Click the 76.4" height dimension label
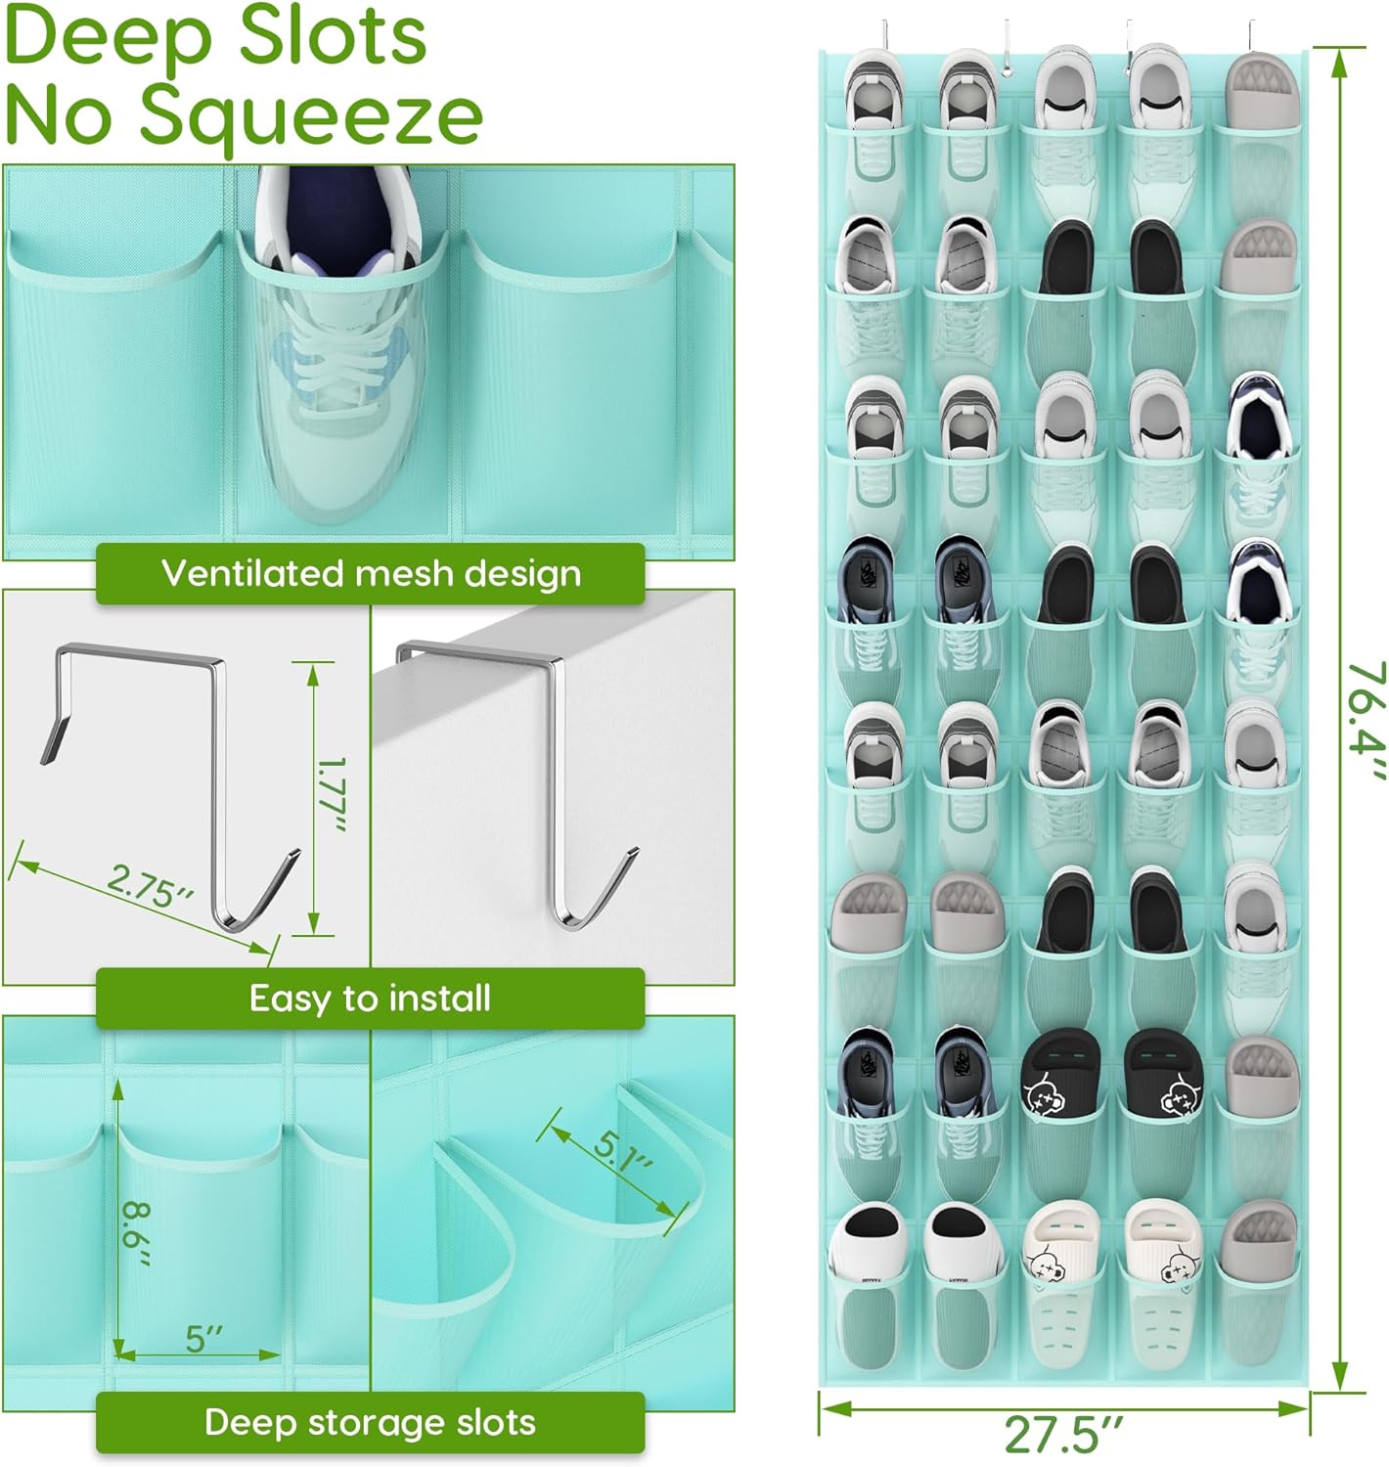1365,721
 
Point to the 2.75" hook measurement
150,887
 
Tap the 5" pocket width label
204,1339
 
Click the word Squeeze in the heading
311,115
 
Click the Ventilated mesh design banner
370,573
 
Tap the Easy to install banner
370,999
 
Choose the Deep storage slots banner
370,1422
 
